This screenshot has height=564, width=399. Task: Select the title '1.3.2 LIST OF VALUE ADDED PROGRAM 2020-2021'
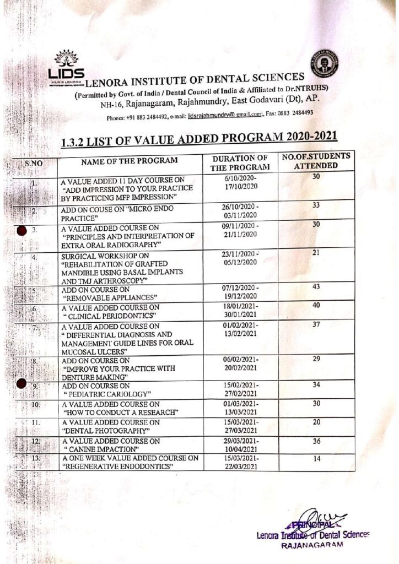(x=198, y=138)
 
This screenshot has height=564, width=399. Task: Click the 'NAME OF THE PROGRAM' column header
(x=130, y=161)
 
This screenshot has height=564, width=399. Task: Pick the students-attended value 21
(x=316, y=252)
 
